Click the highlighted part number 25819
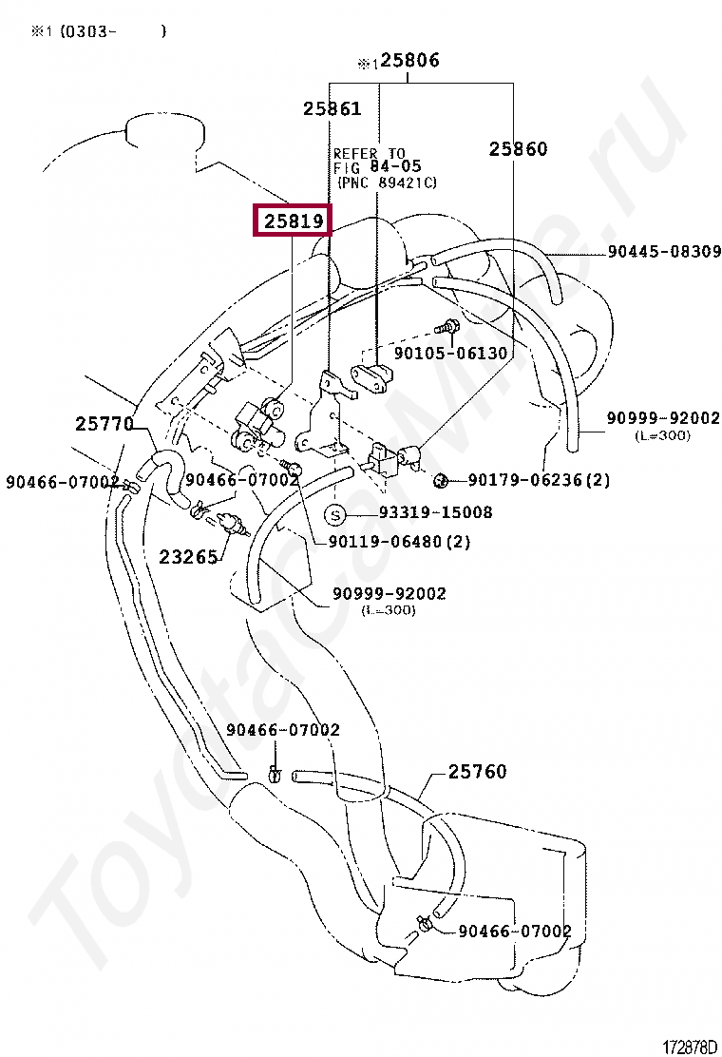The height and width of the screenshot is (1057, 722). pos(294,221)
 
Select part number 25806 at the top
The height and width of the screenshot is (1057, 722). pos(409,61)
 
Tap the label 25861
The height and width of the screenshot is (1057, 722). pos(332,108)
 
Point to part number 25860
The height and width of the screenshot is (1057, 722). pos(519,148)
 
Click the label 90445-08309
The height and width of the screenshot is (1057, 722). pos(664,253)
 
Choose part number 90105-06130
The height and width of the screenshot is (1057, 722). pos(450,353)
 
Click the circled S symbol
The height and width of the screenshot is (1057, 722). pos(335,514)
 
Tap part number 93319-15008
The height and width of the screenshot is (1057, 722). pos(435,513)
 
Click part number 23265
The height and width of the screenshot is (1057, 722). pos(188,557)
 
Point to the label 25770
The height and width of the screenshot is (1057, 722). pos(104,424)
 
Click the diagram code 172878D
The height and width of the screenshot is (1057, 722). pos(689,1047)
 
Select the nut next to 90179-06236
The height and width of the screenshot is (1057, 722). pos(440,478)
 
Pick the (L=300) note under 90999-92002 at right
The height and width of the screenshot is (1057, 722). pos(662,435)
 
